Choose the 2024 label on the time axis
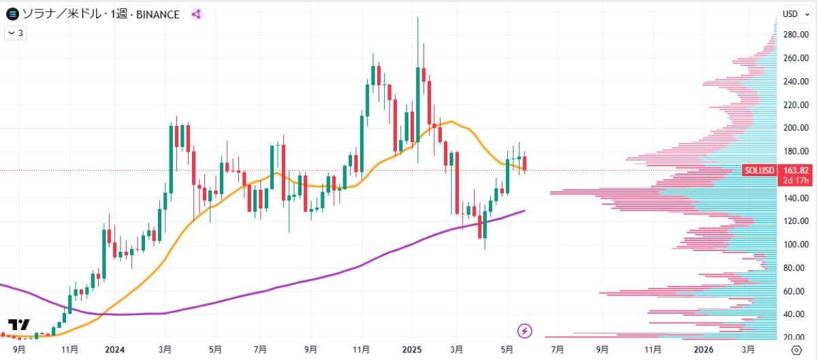point(114,349)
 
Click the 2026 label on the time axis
point(703,349)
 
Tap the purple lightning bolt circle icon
point(525,331)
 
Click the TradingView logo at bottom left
point(18,325)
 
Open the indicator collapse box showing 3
point(16,32)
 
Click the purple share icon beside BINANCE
point(196,14)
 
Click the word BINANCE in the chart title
point(157,14)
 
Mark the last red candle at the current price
point(524,164)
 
